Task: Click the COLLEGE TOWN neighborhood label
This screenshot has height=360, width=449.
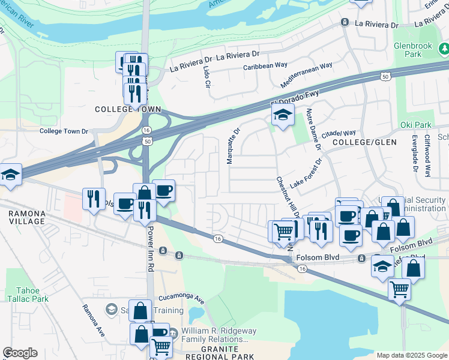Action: pos(128,109)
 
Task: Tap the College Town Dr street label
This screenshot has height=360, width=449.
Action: pos(64,131)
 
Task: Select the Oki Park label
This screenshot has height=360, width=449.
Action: pos(415,125)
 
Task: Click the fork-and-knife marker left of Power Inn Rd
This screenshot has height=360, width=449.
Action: pos(94,199)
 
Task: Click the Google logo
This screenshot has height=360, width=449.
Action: pos(20,353)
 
